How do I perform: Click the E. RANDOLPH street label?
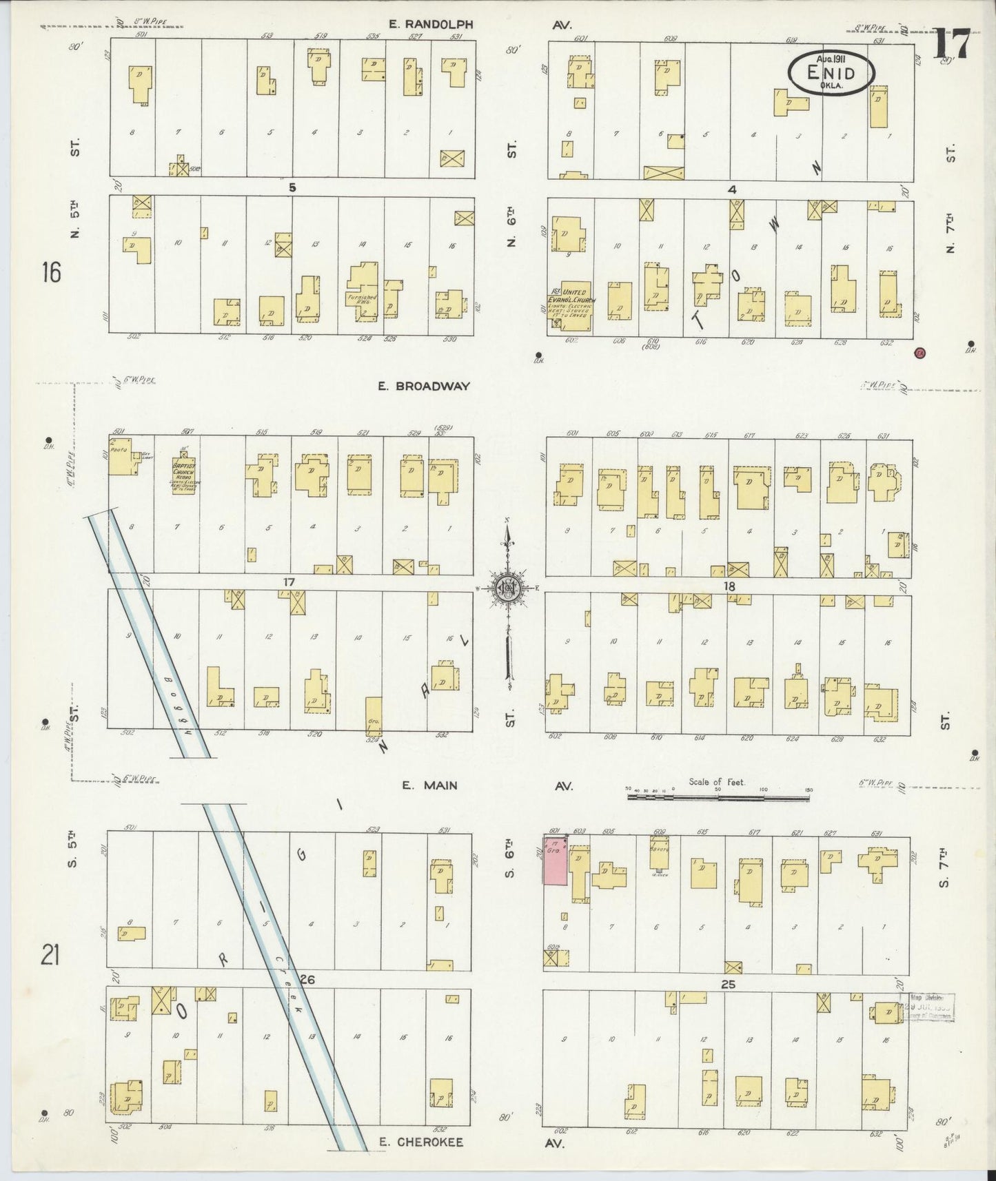[x=430, y=24]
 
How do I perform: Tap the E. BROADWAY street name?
[x=423, y=387]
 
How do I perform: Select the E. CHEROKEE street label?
[x=421, y=1142]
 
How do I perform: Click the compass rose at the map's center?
[x=507, y=588]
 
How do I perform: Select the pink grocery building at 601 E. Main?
[x=555, y=861]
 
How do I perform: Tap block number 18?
[x=729, y=586]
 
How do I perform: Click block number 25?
[x=728, y=985]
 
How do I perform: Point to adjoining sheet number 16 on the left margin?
[x=50, y=273]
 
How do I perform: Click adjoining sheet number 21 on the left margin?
[x=50, y=956]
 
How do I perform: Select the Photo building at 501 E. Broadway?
[x=121, y=455]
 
